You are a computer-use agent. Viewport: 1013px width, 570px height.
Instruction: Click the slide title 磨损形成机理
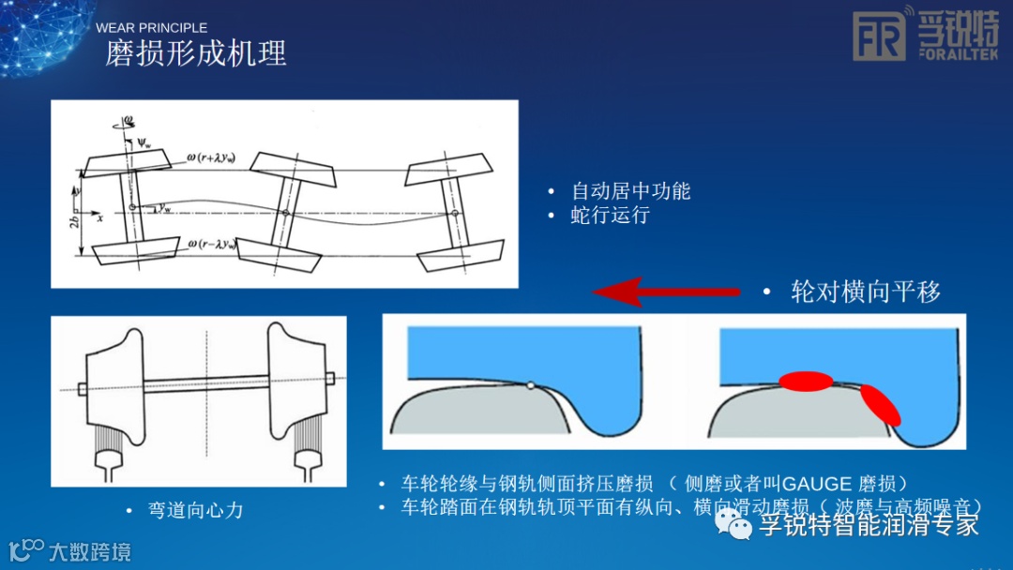point(195,53)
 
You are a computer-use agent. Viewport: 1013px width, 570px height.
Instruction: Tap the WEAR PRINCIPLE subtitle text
point(151,28)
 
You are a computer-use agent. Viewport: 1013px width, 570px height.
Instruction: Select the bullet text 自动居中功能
point(630,191)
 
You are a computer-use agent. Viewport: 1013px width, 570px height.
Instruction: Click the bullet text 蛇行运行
point(610,215)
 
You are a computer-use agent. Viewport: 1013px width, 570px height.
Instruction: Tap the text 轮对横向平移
point(865,292)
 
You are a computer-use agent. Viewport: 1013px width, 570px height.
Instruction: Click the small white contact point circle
point(531,384)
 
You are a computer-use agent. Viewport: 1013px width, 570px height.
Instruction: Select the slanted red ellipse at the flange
point(879,404)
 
